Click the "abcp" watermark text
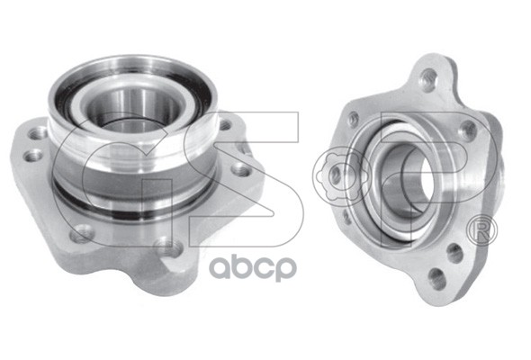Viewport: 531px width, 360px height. (x=253, y=267)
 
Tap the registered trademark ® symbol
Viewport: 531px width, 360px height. (x=481, y=232)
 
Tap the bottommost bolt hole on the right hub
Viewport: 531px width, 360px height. (x=436, y=279)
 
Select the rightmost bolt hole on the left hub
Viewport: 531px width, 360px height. (x=241, y=169)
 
